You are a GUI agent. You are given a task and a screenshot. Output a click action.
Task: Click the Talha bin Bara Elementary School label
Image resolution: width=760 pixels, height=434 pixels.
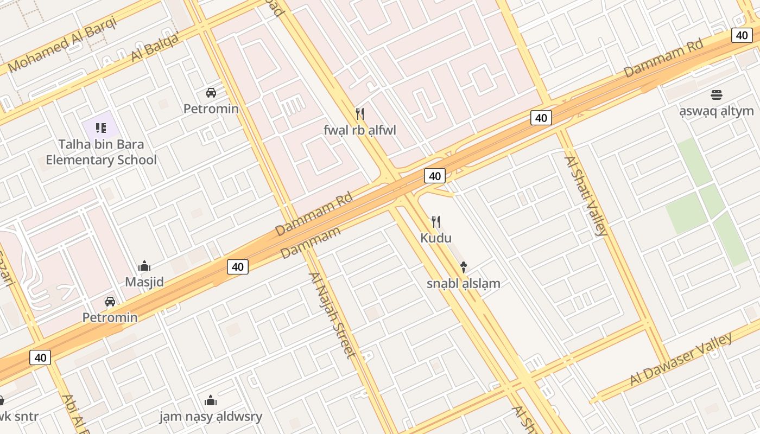tap(101, 152)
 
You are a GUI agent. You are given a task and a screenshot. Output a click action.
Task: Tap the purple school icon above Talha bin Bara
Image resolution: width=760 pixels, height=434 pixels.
tap(100, 128)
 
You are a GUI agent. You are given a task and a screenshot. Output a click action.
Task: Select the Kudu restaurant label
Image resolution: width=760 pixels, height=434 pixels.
tap(436, 238)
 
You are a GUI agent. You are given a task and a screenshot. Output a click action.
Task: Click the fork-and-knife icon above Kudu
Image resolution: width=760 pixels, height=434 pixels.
tap(435, 221)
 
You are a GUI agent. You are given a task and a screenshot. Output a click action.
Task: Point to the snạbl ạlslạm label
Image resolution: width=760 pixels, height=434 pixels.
tap(463, 283)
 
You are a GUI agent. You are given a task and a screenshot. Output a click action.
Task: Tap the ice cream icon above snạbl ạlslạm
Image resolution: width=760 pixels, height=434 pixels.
tap(464, 267)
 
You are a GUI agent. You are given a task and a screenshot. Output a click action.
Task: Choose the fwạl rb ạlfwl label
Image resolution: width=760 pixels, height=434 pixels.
tap(360, 130)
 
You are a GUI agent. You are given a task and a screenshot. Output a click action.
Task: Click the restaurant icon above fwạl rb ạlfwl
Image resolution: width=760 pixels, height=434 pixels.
tap(359, 113)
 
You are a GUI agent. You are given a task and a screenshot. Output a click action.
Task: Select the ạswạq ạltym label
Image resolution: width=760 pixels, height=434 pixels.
tap(717, 111)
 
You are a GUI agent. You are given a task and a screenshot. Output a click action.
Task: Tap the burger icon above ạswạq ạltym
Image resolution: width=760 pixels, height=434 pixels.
tap(717, 95)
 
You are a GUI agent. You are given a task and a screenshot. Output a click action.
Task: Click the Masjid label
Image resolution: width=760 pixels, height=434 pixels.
tap(144, 282)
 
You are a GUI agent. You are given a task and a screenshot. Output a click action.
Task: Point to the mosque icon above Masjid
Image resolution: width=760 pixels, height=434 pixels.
tap(144, 266)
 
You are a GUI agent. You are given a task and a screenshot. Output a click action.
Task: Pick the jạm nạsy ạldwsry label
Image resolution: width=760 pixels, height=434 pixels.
tap(211, 417)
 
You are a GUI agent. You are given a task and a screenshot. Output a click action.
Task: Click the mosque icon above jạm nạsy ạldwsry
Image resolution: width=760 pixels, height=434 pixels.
tap(211, 401)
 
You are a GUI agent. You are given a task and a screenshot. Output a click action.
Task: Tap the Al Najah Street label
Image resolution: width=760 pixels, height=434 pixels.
tap(332, 315)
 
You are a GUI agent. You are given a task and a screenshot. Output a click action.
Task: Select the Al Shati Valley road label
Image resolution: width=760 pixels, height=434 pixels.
tap(586, 196)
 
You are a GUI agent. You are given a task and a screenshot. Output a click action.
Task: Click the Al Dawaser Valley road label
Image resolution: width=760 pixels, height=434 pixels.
tap(681, 359)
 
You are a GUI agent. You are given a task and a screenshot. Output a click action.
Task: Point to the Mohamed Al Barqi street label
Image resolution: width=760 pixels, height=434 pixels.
tap(62, 45)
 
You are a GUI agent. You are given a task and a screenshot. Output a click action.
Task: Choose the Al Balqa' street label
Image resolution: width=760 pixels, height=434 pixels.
tap(155, 48)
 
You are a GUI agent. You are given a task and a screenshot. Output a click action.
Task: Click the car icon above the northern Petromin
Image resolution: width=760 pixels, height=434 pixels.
tap(211, 93)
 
